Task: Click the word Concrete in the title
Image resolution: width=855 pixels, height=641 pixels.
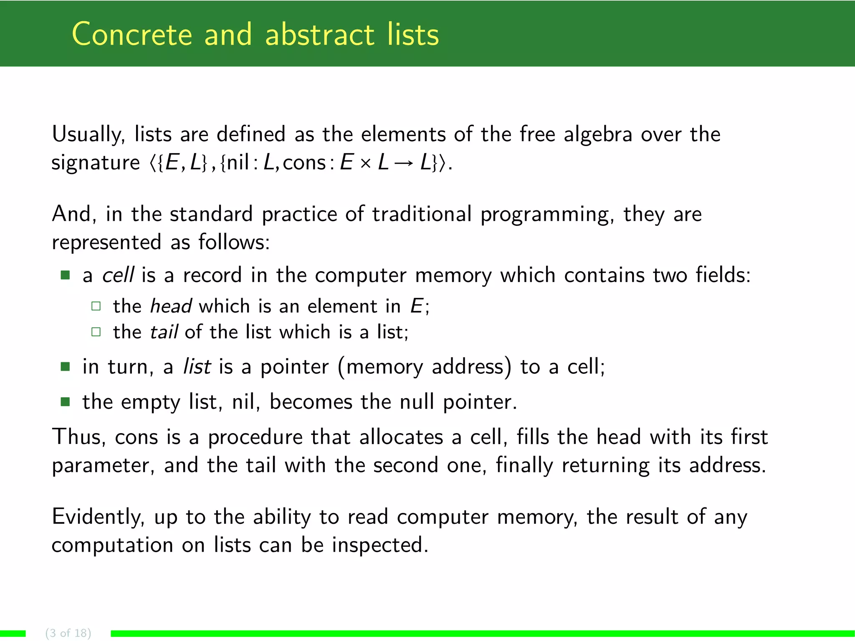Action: [132, 34]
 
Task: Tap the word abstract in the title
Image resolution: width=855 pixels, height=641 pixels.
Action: [319, 34]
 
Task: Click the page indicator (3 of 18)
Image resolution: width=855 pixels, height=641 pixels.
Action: [68, 633]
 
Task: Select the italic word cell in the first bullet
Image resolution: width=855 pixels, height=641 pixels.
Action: [118, 275]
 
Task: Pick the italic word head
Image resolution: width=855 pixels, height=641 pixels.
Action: [171, 306]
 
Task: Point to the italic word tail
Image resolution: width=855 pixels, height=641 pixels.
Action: [164, 332]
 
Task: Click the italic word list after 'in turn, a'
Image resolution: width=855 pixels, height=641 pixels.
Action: [197, 367]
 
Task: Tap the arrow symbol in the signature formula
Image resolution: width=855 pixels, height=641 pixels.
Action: [404, 163]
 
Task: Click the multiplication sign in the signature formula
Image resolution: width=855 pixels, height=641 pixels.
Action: [365, 163]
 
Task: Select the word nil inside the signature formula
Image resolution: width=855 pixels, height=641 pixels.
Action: [238, 162]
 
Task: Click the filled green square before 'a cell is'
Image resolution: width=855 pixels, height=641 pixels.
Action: [65, 275]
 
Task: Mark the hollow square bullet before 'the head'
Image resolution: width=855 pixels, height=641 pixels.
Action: [96, 306]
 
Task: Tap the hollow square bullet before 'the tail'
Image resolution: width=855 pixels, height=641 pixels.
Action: [96, 332]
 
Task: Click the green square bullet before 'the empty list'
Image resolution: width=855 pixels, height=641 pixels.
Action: [65, 402]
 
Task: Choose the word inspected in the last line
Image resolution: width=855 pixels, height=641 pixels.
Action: [380, 545]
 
